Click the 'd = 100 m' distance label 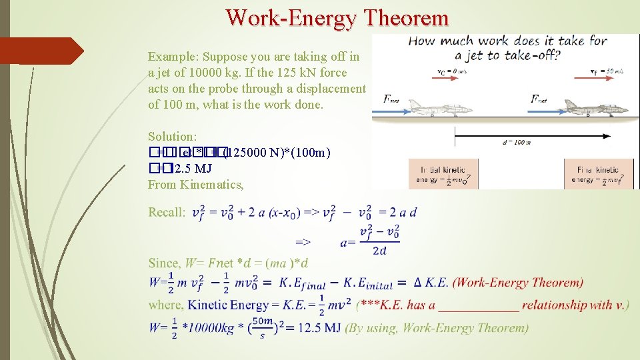point(516,142)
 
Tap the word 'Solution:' point(172,137)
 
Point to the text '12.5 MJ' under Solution point(191,169)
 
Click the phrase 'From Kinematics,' point(196,185)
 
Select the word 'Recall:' point(167,213)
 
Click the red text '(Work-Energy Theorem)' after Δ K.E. point(517,283)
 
